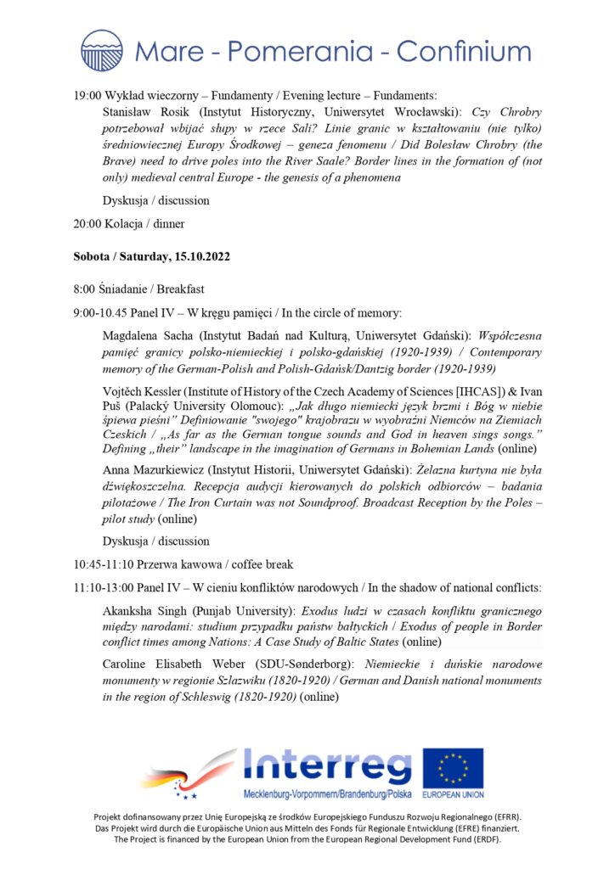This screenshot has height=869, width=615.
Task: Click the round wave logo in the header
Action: [x=102, y=50]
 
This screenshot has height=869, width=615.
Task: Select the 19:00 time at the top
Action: [x=87, y=96]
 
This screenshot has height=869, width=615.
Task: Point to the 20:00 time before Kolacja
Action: [x=87, y=225]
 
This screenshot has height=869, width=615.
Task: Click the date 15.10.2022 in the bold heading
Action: [x=201, y=255]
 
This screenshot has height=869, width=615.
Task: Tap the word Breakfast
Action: [x=177, y=289]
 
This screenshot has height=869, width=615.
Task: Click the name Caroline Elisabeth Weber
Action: [x=178, y=665]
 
